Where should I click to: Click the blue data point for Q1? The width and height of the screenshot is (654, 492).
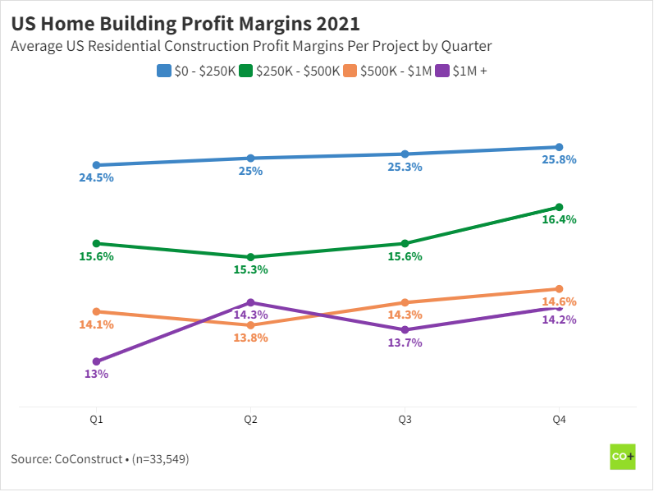[x=96, y=165]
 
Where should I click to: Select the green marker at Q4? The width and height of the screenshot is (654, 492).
[x=559, y=207]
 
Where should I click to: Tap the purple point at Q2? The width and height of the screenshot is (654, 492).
[x=250, y=302]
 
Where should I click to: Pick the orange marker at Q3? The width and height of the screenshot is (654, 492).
[x=405, y=302]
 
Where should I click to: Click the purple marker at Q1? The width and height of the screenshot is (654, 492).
[x=96, y=361]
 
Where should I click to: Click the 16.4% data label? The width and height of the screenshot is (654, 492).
[x=560, y=220]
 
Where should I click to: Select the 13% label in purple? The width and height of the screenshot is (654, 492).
[x=96, y=375]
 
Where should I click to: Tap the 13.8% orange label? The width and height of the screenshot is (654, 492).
[x=250, y=338]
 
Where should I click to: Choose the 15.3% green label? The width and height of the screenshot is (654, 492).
[x=250, y=269]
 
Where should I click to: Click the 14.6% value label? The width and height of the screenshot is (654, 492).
[x=560, y=301]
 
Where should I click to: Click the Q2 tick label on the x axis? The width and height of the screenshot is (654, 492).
[x=250, y=420]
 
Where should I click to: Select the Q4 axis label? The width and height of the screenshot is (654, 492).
[x=559, y=420]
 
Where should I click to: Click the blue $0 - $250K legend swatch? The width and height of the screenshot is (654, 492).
[x=163, y=71]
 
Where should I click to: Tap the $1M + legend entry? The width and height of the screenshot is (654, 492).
[x=468, y=71]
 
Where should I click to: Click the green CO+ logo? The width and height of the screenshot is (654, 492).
[x=623, y=457]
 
